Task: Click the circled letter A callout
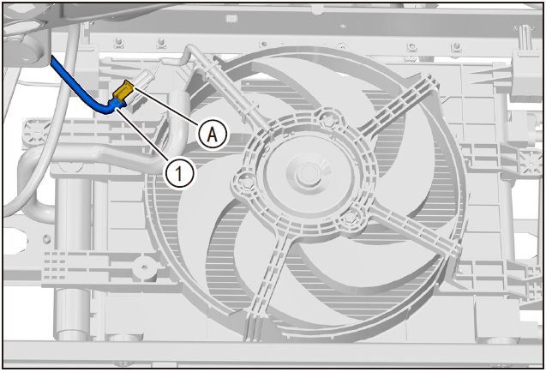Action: point(213,135)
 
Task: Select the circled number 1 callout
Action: point(179,173)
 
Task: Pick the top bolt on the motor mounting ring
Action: point(328,121)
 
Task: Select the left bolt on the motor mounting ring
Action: point(248,183)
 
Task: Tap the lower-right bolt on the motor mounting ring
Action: point(350,218)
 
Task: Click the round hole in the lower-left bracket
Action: point(145,267)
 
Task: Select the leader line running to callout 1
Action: point(142,135)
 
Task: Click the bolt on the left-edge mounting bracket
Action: point(37,132)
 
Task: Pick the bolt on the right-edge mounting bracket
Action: point(531,163)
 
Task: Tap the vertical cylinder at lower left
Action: point(70,258)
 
